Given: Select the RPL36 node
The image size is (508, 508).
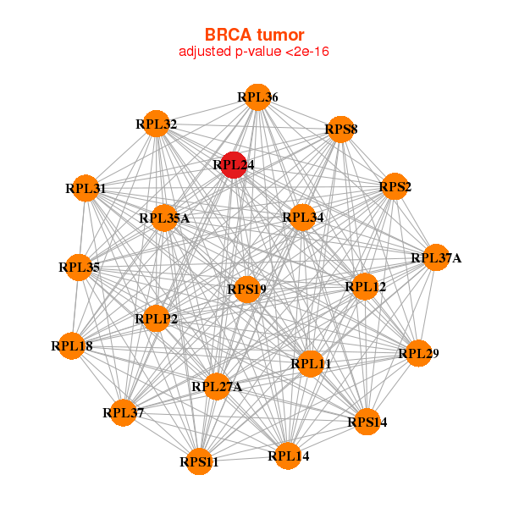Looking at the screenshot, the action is coord(257,98).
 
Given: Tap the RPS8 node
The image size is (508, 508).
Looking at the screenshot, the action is coord(340,130).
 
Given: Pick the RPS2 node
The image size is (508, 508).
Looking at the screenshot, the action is coord(395,186).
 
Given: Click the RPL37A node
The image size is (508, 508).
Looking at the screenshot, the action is coord(435,257).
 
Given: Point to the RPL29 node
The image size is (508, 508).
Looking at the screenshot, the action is coord(418,352).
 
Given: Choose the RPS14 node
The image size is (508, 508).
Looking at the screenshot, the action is coord(367,422).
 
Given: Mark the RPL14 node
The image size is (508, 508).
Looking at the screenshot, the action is coord(288,456).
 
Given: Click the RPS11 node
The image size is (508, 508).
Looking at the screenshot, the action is coord(199,461).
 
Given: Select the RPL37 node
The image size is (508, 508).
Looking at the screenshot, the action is coord(124,412).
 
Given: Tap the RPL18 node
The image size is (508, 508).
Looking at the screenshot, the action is coord(72,345).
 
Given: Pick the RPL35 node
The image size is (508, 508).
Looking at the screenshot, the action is coord(79,268).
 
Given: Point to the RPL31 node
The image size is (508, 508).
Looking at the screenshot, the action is coord(86,188).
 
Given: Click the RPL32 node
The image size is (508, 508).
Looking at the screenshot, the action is coord(156,124).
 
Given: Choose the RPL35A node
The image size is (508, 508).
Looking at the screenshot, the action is coord(164,218).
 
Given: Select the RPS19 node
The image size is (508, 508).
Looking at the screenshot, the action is coord(246,290).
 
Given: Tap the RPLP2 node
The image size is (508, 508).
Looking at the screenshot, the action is coord(157,318).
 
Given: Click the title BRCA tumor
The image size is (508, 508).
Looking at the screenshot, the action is coord(254,35).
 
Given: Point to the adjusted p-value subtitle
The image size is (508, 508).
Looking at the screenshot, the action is coord(254,52).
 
